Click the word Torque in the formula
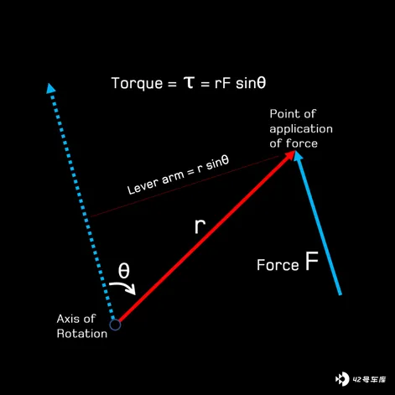[x=137, y=84]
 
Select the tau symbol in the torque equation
[x=190, y=82]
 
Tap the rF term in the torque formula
[x=222, y=83]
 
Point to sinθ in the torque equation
[x=251, y=83]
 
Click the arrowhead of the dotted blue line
[x=50, y=88]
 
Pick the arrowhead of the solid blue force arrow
[x=298, y=156]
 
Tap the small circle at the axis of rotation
[x=115, y=325]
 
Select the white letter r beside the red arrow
[x=200, y=226]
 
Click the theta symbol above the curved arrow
[x=124, y=270]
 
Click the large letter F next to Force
[x=311, y=261]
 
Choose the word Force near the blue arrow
[x=278, y=265]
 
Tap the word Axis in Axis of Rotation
[x=69, y=319]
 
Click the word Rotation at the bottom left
[x=82, y=334]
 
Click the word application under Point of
[x=301, y=129]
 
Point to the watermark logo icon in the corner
[x=342, y=379]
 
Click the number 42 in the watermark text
[x=357, y=379]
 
